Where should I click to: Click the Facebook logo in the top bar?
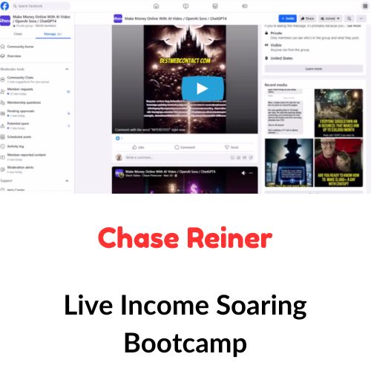tap(4, 5)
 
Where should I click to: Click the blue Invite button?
tap(288, 18)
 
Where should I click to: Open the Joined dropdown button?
tap(327, 18)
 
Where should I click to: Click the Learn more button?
tap(313, 68)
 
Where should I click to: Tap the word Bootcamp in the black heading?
tap(185, 344)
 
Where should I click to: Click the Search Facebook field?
tap(33, 5)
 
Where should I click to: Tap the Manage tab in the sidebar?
tap(50, 34)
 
